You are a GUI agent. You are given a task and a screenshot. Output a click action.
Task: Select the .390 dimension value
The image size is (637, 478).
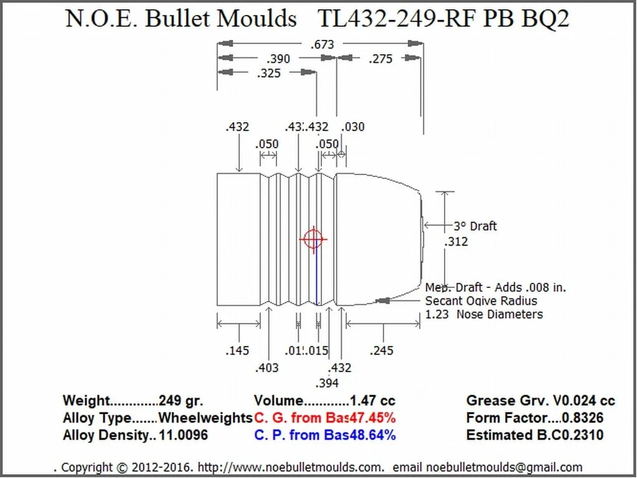point(278,59)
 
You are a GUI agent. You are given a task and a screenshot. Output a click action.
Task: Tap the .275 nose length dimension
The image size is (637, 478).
point(380,59)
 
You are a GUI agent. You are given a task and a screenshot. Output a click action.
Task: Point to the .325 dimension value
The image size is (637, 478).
point(268,74)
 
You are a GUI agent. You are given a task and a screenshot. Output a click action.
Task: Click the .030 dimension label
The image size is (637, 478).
point(353,127)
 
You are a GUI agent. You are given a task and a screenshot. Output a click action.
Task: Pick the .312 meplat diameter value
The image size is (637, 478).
point(456,242)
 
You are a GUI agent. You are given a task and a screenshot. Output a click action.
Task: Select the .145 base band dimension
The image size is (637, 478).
point(237,351)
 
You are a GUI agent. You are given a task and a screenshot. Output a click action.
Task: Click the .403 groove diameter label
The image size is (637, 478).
point(267,368)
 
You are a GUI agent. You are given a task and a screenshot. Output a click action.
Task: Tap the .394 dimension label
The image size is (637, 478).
point(327,383)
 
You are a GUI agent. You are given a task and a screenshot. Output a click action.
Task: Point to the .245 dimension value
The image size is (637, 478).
point(381,351)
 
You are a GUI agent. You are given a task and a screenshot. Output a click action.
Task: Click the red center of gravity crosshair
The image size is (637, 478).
point(313,239)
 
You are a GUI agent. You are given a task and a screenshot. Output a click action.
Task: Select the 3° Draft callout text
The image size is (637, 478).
point(475,226)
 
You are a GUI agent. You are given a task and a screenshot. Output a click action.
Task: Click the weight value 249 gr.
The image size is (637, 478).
point(181,401)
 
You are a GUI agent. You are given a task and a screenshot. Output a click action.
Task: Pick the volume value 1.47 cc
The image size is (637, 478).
point(372,401)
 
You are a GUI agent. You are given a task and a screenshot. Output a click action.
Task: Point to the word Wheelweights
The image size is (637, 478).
point(205,418)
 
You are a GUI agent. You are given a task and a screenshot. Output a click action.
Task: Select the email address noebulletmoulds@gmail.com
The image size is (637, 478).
point(502,467)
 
